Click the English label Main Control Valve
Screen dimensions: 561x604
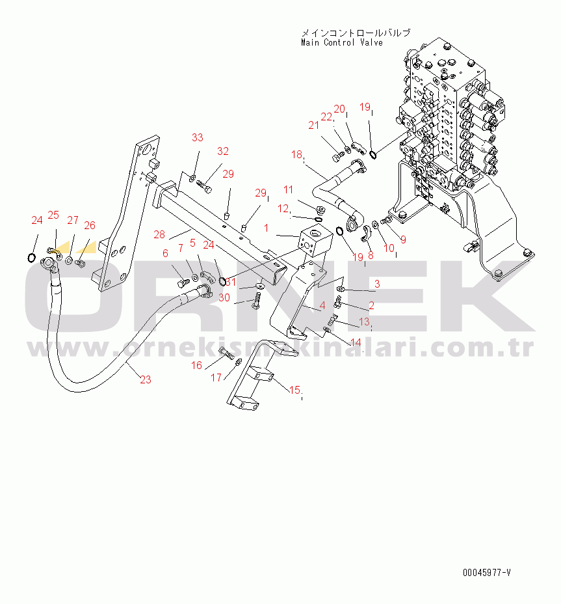pyautogui.click(x=341, y=43)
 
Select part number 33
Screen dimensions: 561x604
pyautogui.click(x=197, y=137)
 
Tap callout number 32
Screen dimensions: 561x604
pyautogui.click(x=223, y=151)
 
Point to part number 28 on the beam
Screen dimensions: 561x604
pyautogui.click(x=160, y=234)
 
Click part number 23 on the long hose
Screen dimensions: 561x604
pyautogui.click(x=145, y=379)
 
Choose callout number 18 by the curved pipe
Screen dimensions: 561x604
pyautogui.click(x=296, y=155)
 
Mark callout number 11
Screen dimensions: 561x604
pyautogui.click(x=288, y=189)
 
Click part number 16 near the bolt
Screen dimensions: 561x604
pyautogui.click(x=196, y=365)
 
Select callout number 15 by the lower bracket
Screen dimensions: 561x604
pyautogui.click(x=294, y=390)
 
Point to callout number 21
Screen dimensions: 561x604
pyautogui.click(x=314, y=126)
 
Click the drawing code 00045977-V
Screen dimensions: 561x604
pyautogui.click(x=486, y=573)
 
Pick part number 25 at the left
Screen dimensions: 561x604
pyautogui.click(x=53, y=215)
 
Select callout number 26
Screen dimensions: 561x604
pyautogui.click(x=89, y=225)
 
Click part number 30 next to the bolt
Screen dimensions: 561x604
pyautogui.click(x=224, y=297)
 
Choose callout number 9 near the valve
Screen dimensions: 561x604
pyautogui.click(x=402, y=240)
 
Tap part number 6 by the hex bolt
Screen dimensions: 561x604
pyautogui.click(x=164, y=254)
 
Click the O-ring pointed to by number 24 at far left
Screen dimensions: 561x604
pyautogui.click(x=31, y=258)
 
